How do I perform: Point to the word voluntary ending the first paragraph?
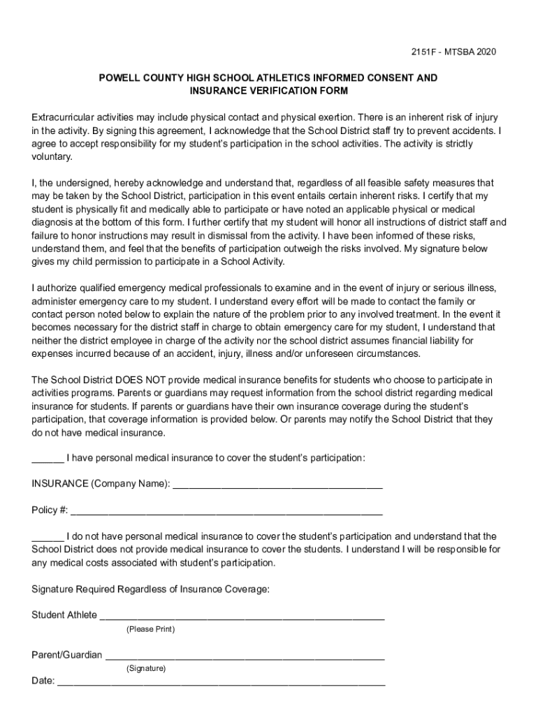(52, 157)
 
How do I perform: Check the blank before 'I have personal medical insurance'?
(48, 458)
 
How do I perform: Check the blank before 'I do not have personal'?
(48, 536)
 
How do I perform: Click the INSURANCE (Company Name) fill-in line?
(277, 485)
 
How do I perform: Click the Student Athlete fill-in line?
(242, 616)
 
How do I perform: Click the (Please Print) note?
(150, 629)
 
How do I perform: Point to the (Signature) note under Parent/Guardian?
(146, 668)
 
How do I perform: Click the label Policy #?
(50, 510)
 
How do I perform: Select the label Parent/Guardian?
(67, 655)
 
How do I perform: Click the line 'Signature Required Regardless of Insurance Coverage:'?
(150, 589)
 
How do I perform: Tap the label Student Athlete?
(64, 615)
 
